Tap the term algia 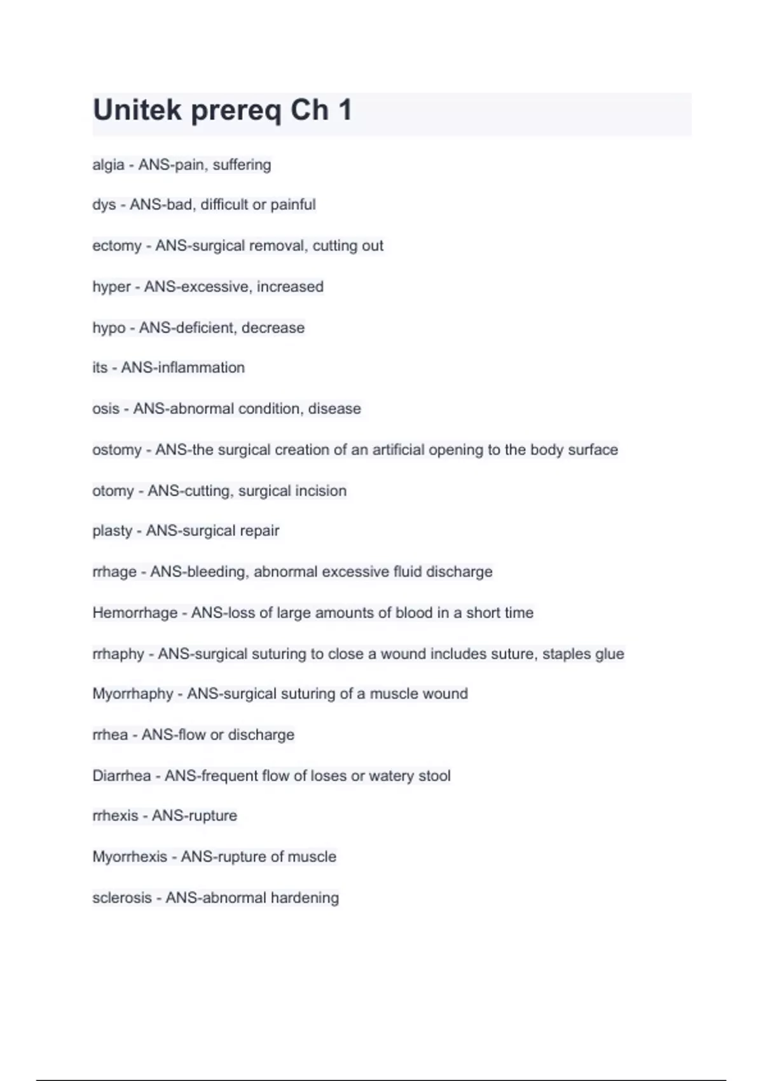click(x=108, y=165)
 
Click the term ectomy click(x=117, y=246)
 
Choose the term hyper click(x=111, y=287)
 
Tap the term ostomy click(x=117, y=450)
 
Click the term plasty click(x=112, y=531)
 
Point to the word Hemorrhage click(x=135, y=613)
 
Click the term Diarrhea click(x=121, y=776)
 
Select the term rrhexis click(x=115, y=816)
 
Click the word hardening click(x=305, y=898)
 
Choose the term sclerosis click(x=122, y=898)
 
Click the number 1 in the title click(x=345, y=111)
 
